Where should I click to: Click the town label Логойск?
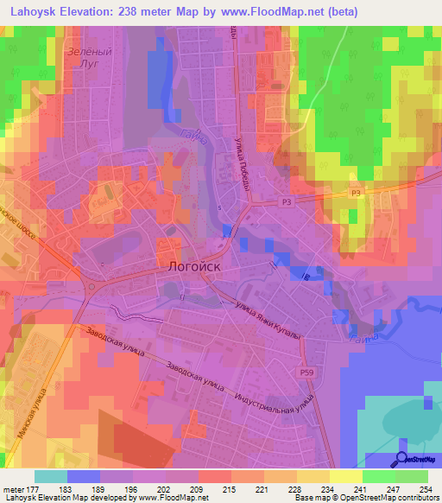(x=188, y=268)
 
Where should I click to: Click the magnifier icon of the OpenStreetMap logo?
(x=403, y=458)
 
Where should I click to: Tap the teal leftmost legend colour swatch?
(x=51, y=476)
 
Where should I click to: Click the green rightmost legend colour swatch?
(x=412, y=476)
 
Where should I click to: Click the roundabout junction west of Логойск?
(x=90, y=286)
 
